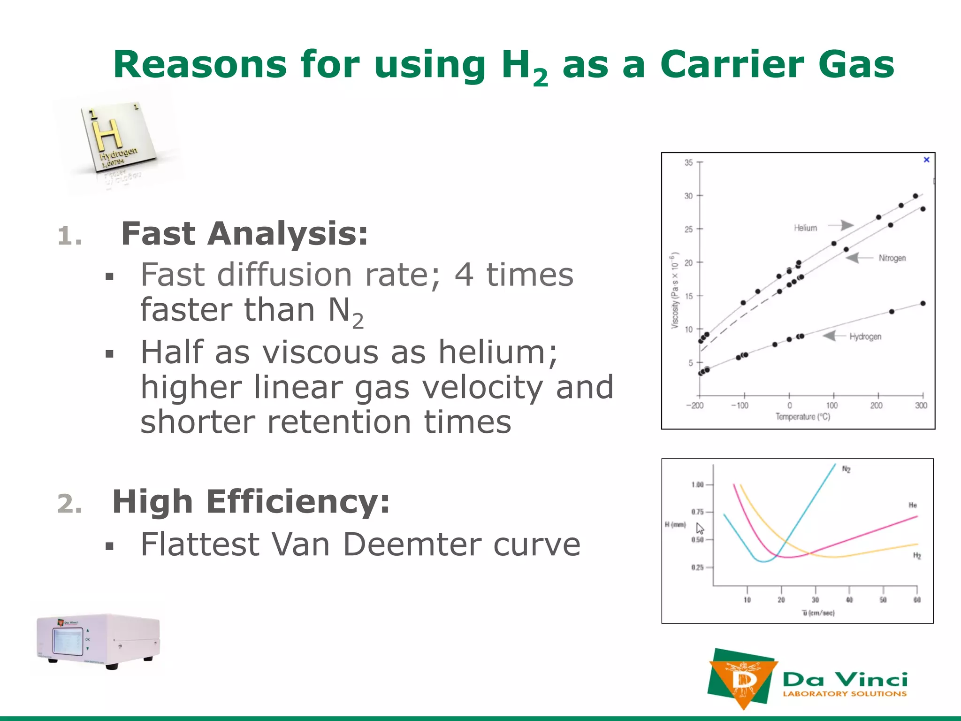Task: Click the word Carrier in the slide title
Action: pos(732,65)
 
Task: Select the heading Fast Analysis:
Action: pos(244,234)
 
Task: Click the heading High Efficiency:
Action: pos(251,501)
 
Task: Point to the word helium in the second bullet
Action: pos(497,352)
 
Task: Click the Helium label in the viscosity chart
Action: pos(805,228)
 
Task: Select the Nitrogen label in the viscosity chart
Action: pos(892,258)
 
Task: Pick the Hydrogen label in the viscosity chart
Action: pos(865,337)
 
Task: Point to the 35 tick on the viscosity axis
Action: pos(688,162)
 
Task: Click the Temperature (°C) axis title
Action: pos(803,417)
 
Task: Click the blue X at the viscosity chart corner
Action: pos(926,160)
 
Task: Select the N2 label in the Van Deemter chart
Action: pos(847,469)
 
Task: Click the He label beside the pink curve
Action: pos(913,505)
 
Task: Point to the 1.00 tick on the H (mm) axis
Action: pos(697,484)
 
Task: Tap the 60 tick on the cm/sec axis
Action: pos(917,600)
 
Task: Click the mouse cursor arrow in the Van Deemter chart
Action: pos(700,529)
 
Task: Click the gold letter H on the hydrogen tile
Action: pos(107,134)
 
